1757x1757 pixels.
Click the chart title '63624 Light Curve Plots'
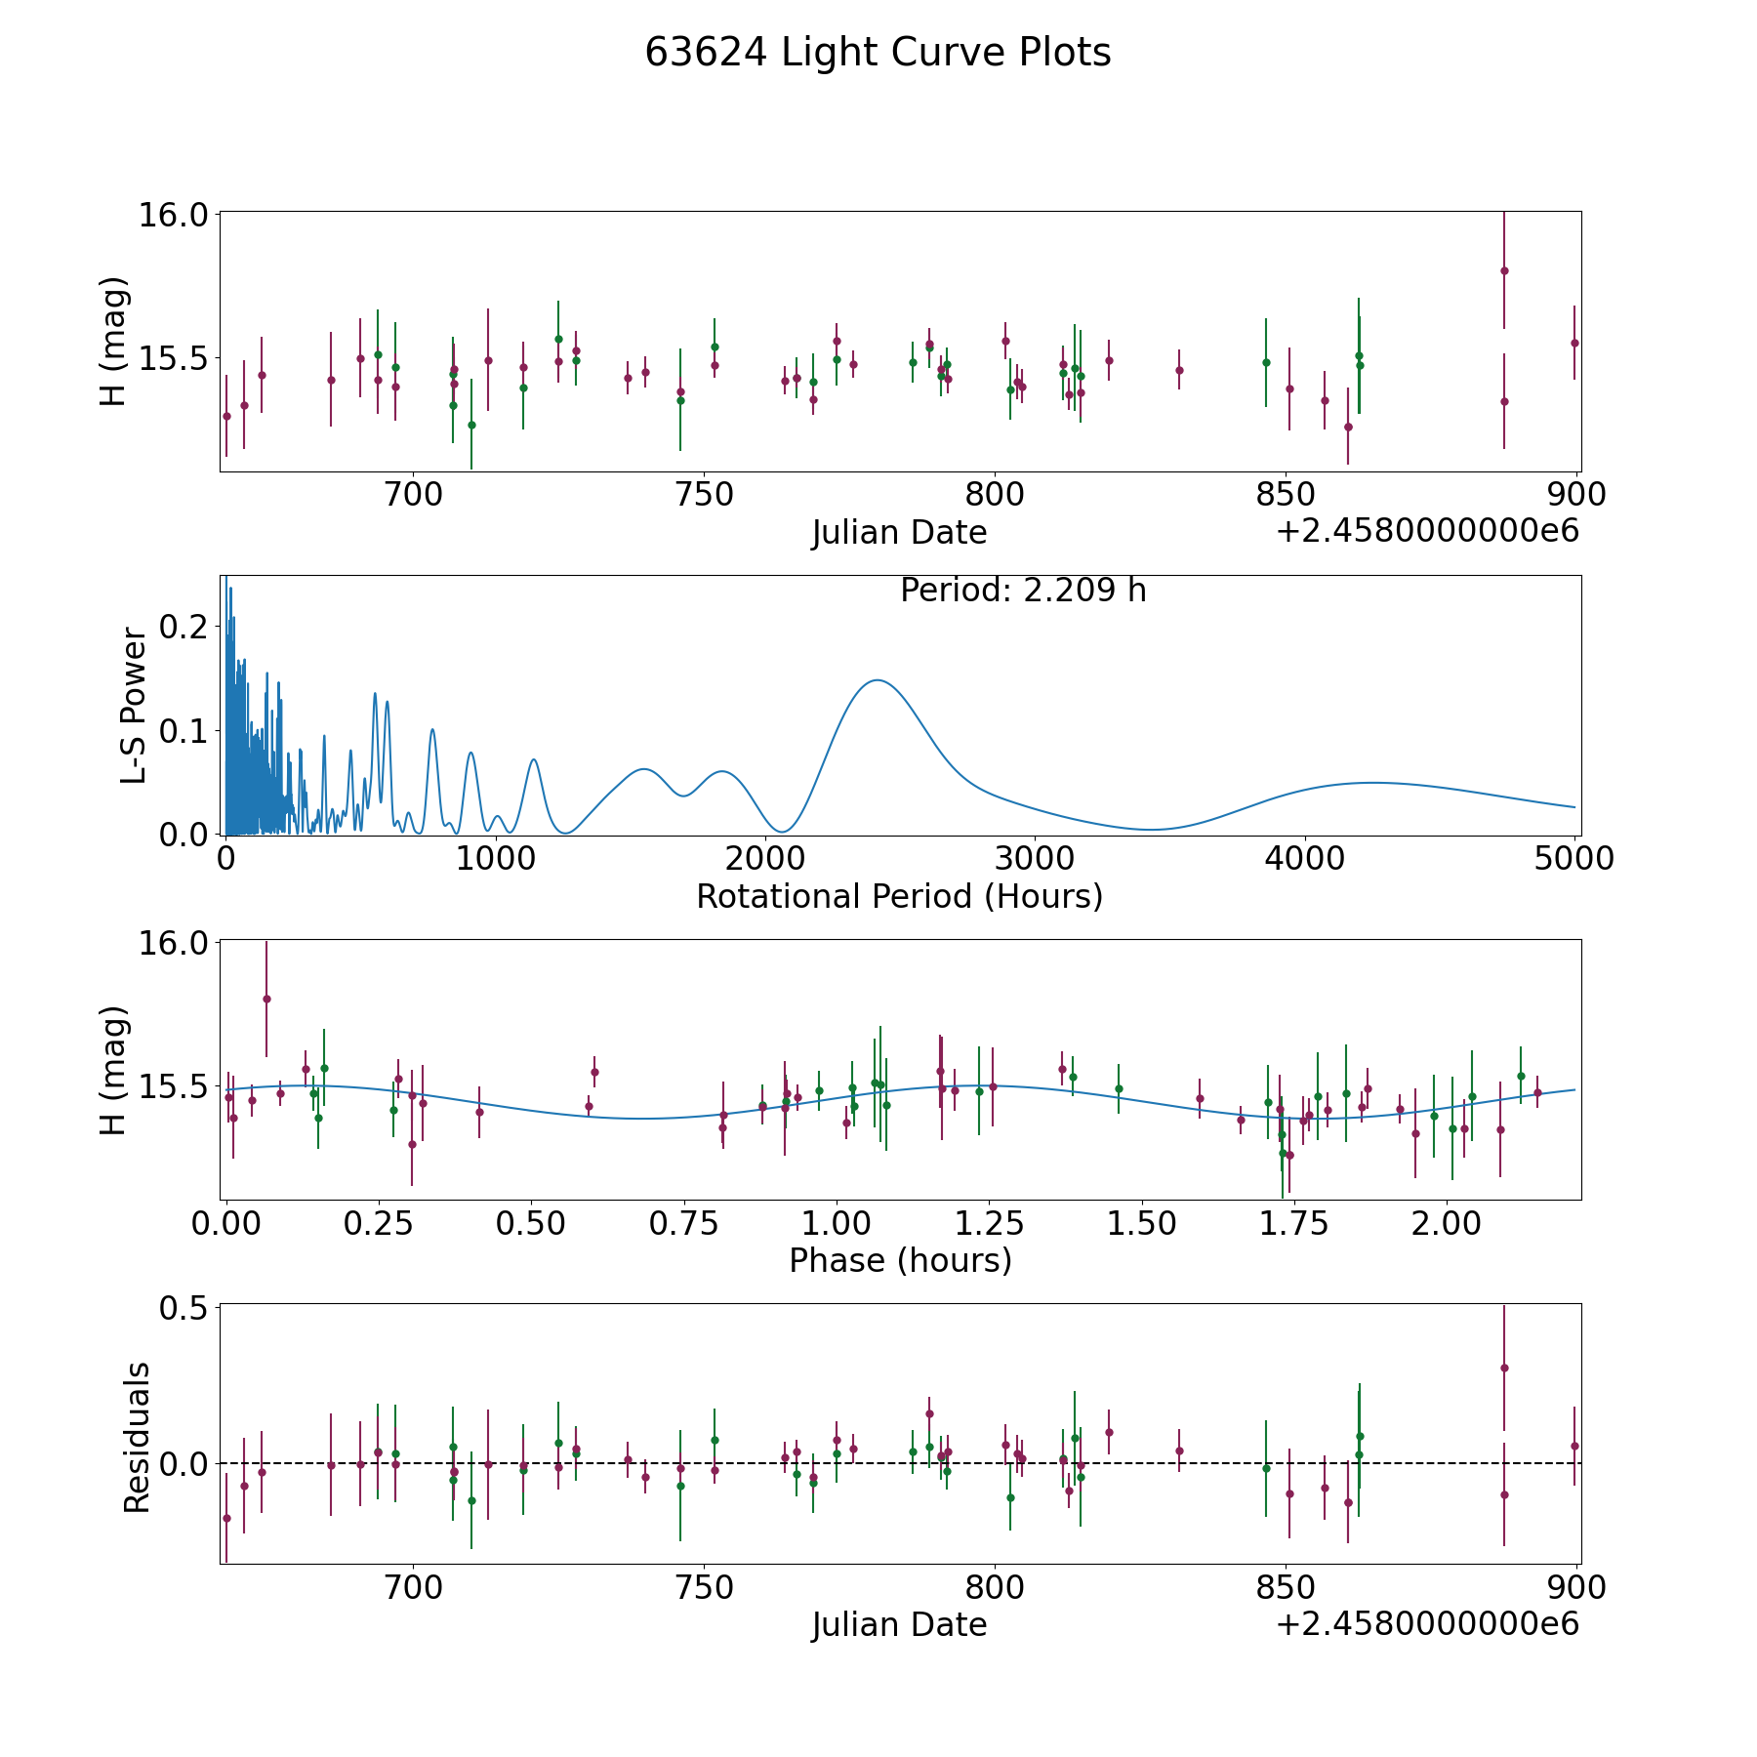coord(878,53)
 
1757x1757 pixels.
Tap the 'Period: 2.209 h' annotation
coord(1023,591)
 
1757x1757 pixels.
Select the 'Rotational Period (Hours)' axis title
coord(899,896)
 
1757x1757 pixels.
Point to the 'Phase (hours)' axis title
coord(900,1260)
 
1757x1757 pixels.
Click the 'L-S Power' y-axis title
coord(135,706)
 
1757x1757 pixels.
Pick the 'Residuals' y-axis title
coord(137,1438)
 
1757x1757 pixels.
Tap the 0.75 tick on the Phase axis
coord(683,1222)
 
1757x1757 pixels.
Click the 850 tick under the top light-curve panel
coord(1286,494)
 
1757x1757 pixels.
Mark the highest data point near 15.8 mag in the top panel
coord(1504,270)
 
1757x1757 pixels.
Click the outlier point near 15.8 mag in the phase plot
coord(266,999)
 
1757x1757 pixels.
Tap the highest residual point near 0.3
coord(1504,1368)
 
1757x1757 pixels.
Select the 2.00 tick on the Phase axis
coord(1448,1222)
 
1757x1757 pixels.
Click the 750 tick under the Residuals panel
coord(704,1587)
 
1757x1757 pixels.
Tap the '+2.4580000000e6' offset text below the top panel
coord(1427,531)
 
